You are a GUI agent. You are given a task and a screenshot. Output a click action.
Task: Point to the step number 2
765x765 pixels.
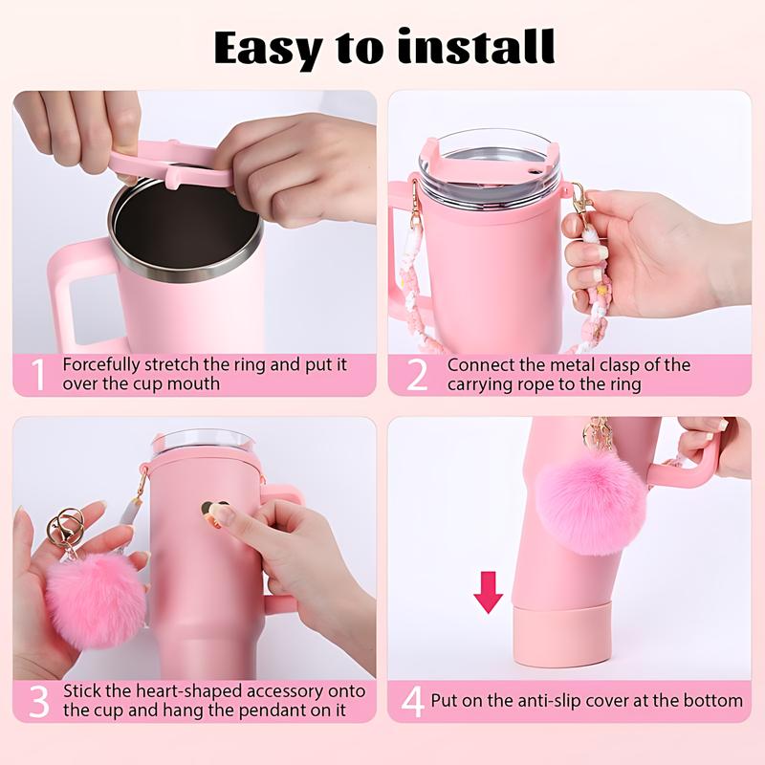pos(417,374)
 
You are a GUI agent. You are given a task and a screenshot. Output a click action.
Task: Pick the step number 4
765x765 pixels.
pos(412,701)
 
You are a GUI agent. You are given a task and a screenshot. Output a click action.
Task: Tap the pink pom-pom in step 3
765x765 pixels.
pos(95,599)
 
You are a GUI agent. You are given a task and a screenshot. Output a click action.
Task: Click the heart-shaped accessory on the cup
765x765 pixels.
pos(214,509)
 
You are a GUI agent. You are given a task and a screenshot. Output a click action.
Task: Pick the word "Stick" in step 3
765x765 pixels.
pos(80,690)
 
